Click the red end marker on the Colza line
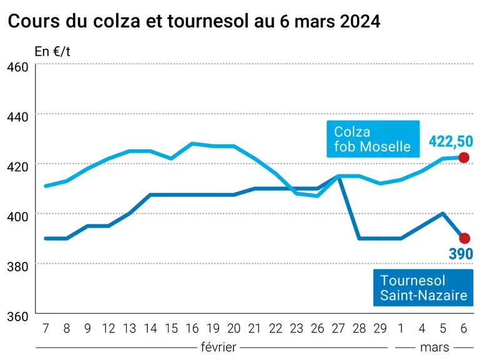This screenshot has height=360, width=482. [x=463, y=157]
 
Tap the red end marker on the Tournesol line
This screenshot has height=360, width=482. [x=465, y=238]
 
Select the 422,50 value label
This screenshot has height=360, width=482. [x=451, y=141]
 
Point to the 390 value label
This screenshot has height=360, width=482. [x=461, y=254]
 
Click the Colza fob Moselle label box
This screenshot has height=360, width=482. [x=373, y=139]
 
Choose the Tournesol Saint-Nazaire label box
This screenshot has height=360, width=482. [x=423, y=287]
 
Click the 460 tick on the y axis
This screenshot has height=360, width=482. [x=17, y=67]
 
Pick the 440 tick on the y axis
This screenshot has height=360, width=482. [x=17, y=117]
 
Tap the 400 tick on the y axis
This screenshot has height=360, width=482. [x=17, y=217]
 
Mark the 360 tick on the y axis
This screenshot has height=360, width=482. [x=17, y=317]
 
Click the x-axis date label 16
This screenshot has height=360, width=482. [x=192, y=329]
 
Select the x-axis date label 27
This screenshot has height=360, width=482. [x=338, y=329]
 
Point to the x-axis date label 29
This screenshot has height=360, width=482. [x=380, y=329]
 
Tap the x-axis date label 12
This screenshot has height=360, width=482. [x=109, y=329]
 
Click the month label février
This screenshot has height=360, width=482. [x=219, y=347]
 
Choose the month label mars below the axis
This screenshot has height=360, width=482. [x=435, y=347]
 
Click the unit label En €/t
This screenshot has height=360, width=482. [x=52, y=51]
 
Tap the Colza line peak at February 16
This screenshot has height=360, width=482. [x=192, y=143]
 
